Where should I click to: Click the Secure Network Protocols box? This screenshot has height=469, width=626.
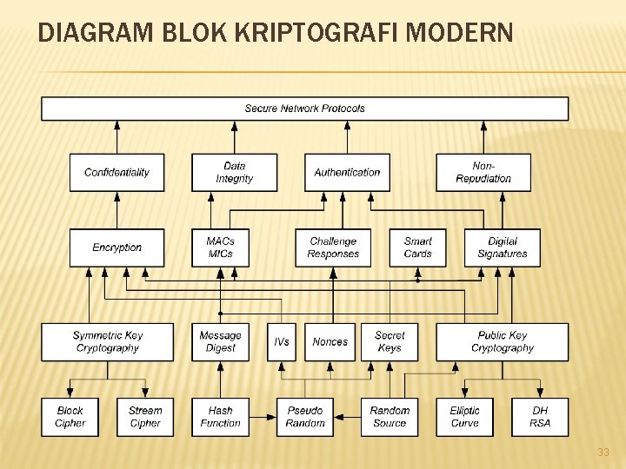pyautogui.click(x=304, y=109)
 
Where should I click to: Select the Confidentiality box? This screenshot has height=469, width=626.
pyautogui.click(x=117, y=172)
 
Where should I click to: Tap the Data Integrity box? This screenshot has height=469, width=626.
pyautogui.click(x=234, y=172)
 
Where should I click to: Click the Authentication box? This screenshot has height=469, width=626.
pyautogui.click(x=347, y=172)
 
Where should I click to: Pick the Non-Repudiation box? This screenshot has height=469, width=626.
pyautogui.click(x=483, y=172)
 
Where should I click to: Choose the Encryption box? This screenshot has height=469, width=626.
pyautogui.click(x=117, y=248)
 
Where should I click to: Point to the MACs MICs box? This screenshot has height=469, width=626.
pyautogui.click(x=220, y=248)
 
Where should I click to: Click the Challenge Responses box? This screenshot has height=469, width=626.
pyautogui.click(x=333, y=248)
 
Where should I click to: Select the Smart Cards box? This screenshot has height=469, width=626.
pyautogui.click(x=417, y=248)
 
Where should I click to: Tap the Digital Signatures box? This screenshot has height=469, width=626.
pyautogui.click(x=502, y=248)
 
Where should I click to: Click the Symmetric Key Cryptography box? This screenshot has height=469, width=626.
pyautogui.click(x=108, y=341)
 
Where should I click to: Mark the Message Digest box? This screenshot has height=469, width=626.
pyautogui.click(x=220, y=341)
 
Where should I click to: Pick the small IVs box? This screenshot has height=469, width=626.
pyautogui.click(x=282, y=341)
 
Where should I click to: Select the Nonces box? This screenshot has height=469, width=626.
pyautogui.click(x=330, y=341)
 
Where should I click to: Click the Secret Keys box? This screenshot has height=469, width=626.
pyautogui.click(x=390, y=341)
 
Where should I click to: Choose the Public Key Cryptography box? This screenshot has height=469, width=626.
pyautogui.click(x=502, y=341)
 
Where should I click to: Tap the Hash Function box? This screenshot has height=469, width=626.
pyautogui.click(x=220, y=417)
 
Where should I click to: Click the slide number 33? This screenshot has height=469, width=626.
pyautogui.click(x=603, y=452)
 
